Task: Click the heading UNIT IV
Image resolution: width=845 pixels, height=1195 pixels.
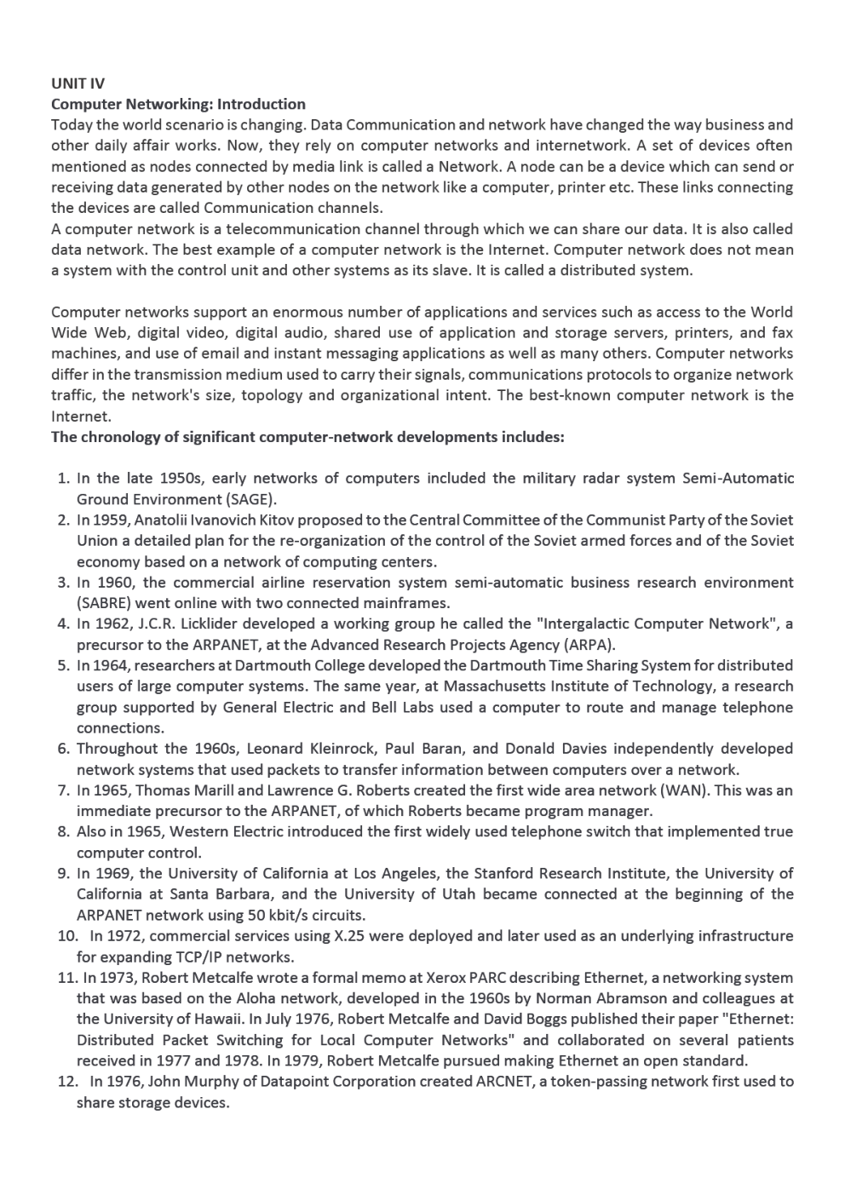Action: click(x=78, y=83)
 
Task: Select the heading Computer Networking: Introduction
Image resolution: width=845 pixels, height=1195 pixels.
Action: click(x=178, y=104)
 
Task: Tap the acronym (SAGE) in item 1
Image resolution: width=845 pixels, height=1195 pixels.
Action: click(x=250, y=499)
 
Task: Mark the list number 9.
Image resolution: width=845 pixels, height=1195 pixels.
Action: click(x=63, y=873)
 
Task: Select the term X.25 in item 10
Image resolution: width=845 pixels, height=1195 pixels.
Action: click(x=340, y=936)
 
